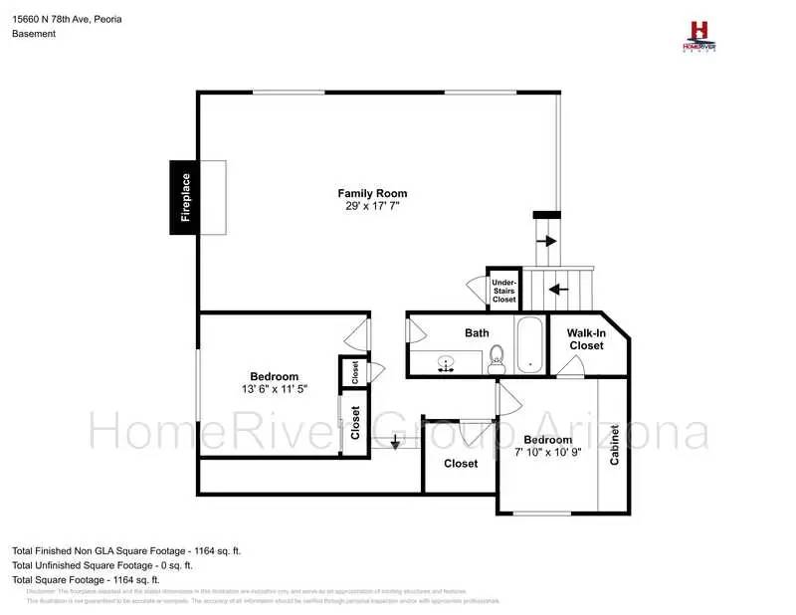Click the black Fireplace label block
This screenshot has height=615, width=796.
coord(185,198)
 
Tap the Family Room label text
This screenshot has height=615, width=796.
coord(372,193)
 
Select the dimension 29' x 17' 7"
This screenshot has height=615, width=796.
coord(372,207)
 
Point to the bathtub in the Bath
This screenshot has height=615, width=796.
coord(530,345)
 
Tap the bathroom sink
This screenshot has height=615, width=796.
coord(448,363)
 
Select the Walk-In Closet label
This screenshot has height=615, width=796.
coord(586,339)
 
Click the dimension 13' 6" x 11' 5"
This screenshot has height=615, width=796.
coord(274,389)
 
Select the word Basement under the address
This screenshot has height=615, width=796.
coord(34,34)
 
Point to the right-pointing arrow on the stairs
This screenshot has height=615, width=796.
coord(546,241)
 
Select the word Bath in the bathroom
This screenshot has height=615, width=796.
coord(477,332)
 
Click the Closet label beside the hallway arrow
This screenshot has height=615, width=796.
coord(461,464)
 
